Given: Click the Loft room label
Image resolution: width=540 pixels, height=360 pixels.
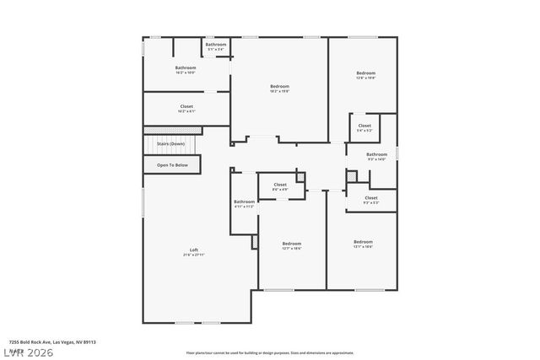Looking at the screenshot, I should pyautogui.click(x=194, y=249).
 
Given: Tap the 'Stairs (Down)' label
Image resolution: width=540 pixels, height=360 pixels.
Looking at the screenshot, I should pyautogui.click(x=171, y=144).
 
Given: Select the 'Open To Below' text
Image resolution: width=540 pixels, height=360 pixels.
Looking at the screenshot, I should pyautogui.click(x=172, y=164).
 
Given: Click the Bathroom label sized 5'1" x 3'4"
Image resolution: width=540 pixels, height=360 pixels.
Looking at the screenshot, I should pyautogui.click(x=216, y=44).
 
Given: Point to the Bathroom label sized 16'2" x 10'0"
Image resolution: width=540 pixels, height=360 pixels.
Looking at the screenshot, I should pyautogui.click(x=186, y=67).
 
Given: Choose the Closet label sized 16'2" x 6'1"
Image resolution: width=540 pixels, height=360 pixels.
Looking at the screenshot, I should pyautogui.click(x=186, y=106).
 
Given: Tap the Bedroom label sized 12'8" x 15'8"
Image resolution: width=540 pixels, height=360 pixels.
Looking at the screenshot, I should pyautogui.click(x=365, y=73).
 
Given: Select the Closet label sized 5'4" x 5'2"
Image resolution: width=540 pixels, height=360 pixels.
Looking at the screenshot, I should pyautogui.click(x=364, y=126).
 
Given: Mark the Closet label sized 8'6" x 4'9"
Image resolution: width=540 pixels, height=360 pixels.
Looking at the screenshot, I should pyautogui.click(x=280, y=185).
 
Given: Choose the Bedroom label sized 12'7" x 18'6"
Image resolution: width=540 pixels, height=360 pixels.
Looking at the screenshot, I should pyautogui.click(x=292, y=244).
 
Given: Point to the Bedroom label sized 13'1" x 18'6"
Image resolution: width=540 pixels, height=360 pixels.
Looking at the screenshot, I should pyautogui.click(x=363, y=242).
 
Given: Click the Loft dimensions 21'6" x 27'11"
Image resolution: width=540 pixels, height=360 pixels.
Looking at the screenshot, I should pyautogui.click(x=194, y=255).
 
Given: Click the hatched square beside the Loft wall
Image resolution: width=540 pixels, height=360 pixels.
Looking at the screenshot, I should pyautogui.click(x=255, y=241).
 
